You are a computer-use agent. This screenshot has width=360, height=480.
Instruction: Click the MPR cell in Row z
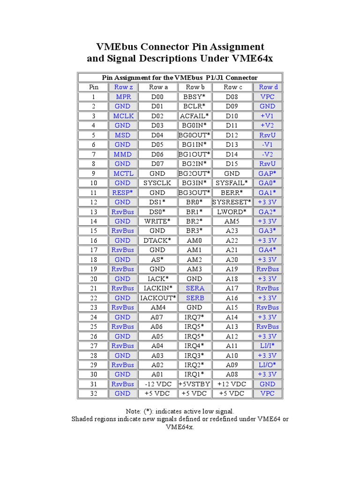click(x=122, y=97)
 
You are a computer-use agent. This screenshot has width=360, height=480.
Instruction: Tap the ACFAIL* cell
click(x=194, y=116)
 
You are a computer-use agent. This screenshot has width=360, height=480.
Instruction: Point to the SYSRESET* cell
click(x=232, y=202)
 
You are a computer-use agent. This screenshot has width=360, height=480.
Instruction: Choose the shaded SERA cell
click(x=194, y=288)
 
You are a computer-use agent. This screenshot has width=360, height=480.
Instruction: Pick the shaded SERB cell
click(x=194, y=298)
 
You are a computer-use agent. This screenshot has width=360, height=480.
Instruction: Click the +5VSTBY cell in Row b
click(x=194, y=384)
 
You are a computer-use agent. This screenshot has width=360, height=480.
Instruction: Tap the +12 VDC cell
click(x=232, y=384)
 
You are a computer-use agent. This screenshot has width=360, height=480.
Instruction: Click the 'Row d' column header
click(x=268, y=87)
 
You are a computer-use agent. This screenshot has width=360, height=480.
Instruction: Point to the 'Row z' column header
click(x=122, y=87)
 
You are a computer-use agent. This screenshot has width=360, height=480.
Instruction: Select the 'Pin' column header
click(x=94, y=87)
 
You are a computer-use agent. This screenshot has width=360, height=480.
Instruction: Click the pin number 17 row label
click(x=94, y=250)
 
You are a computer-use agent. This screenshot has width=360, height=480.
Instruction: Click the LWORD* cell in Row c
click(x=232, y=211)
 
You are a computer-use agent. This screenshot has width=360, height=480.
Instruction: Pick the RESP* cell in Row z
click(x=122, y=192)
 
